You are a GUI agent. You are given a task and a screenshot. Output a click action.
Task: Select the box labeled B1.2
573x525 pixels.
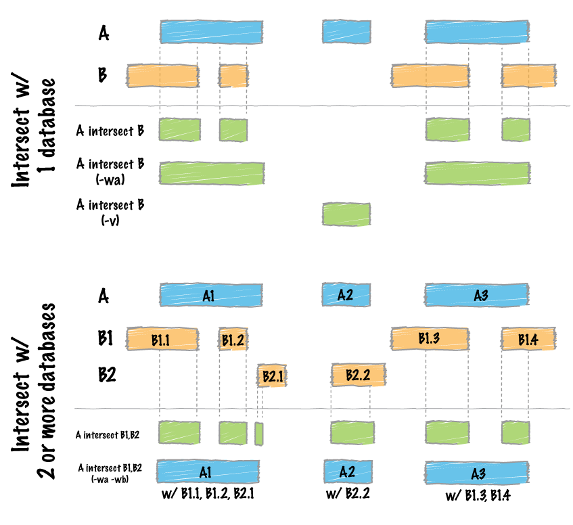point(233,340)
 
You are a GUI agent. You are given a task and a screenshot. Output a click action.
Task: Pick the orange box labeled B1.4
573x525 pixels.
point(527,340)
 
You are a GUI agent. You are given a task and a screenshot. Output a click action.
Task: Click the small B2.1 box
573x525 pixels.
point(272,375)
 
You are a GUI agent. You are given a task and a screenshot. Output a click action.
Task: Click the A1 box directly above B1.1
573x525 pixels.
point(210,295)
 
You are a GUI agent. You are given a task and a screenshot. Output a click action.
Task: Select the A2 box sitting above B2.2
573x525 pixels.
point(346,295)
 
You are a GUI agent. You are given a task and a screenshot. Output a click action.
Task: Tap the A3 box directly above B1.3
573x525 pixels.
point(477,295)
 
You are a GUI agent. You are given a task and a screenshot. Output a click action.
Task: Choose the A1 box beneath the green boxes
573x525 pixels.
point(207,471)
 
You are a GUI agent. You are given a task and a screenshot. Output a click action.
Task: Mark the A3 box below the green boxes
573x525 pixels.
point(477,472)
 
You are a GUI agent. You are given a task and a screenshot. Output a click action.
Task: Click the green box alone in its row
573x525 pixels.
point(346,214)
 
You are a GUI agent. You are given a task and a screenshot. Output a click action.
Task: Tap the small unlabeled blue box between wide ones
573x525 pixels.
point(346,32)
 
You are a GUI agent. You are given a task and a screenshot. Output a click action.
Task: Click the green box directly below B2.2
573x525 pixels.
point(352,432)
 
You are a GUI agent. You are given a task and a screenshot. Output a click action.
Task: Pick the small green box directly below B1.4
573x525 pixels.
point(515,432)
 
